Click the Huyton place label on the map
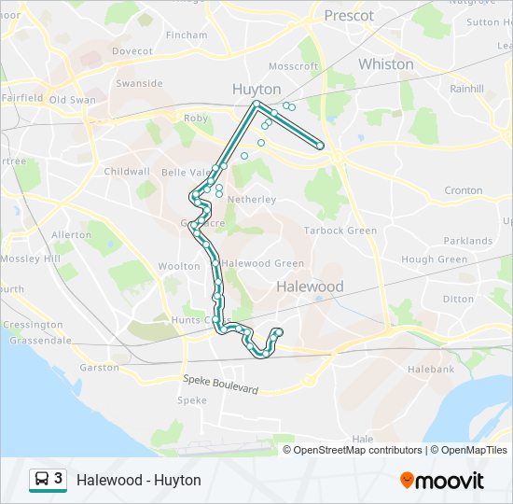click(256, 89)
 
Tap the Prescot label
click(349, 15)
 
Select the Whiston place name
click(385, 64)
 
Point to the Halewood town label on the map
click(310, 287)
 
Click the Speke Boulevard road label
click(220, 384)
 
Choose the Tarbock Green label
click(340, 231)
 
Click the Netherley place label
click(252, 200)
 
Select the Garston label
click(99, 368)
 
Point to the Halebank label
click(430, 370)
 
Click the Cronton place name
click(463, 190)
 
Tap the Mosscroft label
click(293, 66)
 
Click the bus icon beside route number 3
click(42, 480)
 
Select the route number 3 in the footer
click(59, 479)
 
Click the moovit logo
click(442, 481)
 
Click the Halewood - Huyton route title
click(139, 480)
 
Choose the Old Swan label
click(72, 99)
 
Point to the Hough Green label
click(434, 259)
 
